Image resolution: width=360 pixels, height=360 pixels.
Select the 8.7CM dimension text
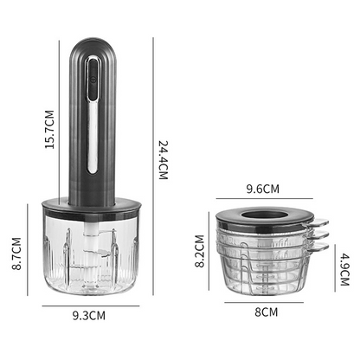(16, 255)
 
